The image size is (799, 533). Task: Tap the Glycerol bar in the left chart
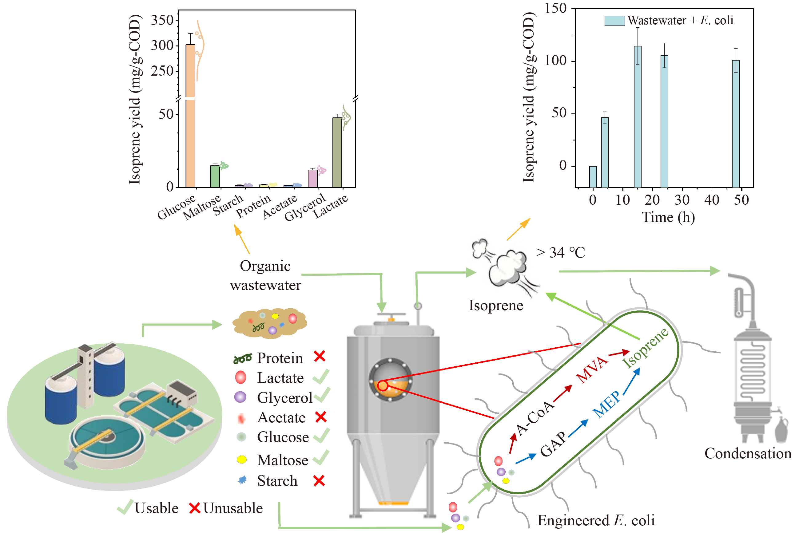pyautogui.click(x=312, y=179)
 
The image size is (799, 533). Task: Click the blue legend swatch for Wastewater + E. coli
pyautogui.click(x=614, y=21)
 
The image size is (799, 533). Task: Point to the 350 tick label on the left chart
pyautogui.click(x=162, y=20)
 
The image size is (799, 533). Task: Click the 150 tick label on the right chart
pyautogui.click(x=555, y=9)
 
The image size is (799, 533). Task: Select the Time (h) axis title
pyautogui.click(x=668, y=218)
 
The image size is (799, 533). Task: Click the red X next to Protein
pyautogui.click(x=320, y=357)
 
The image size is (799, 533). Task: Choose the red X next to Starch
pyautogui.click(x=319, y=481)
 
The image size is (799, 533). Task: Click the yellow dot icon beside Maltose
pyautogui.click(x=241, y=460)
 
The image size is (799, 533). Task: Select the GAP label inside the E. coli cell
pyautogui.click(x=553, y=444)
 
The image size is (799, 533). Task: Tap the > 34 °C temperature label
pyautogui.click(x=560, y=253)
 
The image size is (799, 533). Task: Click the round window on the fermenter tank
pyautogui.click(x=390, y=380)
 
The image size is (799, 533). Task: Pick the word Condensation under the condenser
pyautogui.click(x=748, y=453)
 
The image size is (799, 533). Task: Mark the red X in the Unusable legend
pyautogui.click(x=194, y=508)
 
